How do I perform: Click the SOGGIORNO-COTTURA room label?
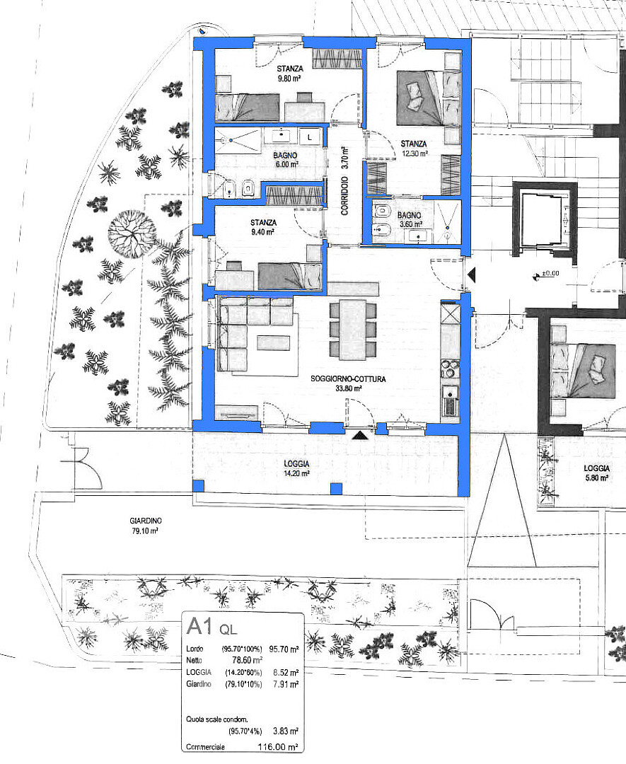348,378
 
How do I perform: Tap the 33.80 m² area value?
348,388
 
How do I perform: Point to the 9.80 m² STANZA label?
290,73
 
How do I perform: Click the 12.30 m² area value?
415,153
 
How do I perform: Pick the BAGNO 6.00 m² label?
285,160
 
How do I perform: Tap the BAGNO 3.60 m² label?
410,220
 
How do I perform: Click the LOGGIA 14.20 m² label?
296,468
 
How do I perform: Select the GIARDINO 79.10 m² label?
146,526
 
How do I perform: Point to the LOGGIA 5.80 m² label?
597,473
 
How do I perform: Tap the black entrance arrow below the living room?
359,435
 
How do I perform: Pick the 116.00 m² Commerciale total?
278,747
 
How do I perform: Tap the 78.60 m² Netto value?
248,660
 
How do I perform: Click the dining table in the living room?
353,330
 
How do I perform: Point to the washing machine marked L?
309,137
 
